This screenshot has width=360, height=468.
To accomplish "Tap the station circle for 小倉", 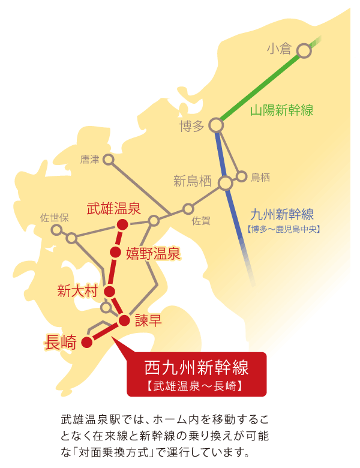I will (304, 50).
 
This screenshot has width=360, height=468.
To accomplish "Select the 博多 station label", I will (192, 126).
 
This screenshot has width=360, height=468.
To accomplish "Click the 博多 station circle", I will (216, 125).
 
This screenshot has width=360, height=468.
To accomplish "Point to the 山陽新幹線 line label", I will (281, 110).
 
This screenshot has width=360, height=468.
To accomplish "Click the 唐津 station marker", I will (108, 159).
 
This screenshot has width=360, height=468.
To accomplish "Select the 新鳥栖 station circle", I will (226, 182).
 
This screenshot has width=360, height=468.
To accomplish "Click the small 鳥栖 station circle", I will (242, 176).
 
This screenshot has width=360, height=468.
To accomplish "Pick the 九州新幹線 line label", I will (283, 214).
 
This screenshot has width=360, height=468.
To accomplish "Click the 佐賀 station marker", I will (188, 209).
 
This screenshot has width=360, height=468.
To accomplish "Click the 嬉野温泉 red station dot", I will (115, 251).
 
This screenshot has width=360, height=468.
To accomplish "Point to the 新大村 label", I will (77, 292).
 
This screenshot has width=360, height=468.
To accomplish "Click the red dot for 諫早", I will (124, 320).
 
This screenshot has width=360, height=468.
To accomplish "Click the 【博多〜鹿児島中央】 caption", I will (283, 229).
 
